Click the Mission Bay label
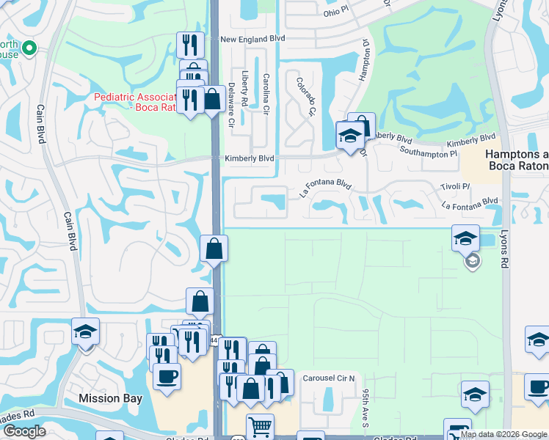109,398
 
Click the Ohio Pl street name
340,13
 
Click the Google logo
23,431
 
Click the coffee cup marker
167,377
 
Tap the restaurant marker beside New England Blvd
190,45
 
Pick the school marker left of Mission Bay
85,331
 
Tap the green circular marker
29,48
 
